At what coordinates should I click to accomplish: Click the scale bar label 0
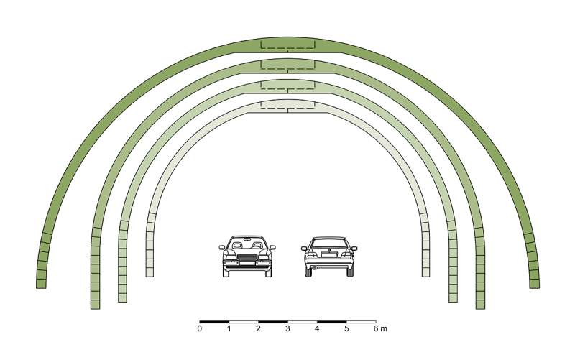point(200,328)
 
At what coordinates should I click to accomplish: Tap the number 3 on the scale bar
point(288,328)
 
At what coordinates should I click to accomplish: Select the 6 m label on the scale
point(380,328)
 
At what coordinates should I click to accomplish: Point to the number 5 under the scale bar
point(346,328)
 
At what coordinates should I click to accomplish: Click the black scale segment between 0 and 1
point(214,322)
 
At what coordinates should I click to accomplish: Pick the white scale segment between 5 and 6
point(362,322)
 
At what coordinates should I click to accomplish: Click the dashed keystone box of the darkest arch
point(288,45)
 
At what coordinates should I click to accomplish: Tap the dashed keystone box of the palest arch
point(288,104)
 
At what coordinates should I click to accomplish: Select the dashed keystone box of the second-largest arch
point(288,65)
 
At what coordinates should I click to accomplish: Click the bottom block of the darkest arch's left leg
point(41,284)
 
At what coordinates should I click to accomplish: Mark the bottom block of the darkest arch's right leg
point(535,284)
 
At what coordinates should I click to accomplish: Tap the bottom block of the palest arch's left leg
point(149,272)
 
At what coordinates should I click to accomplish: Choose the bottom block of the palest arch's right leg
point(425,272)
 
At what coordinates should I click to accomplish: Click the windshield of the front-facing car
point(247,244)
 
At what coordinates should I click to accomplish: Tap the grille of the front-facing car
point(247,257)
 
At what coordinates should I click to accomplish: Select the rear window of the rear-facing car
point(329,243)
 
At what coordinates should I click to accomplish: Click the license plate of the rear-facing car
point(329,254)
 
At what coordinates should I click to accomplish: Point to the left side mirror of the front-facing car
point(222,248)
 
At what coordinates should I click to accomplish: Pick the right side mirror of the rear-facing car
point(354,249)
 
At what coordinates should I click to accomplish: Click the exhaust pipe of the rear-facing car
point(314,268)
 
